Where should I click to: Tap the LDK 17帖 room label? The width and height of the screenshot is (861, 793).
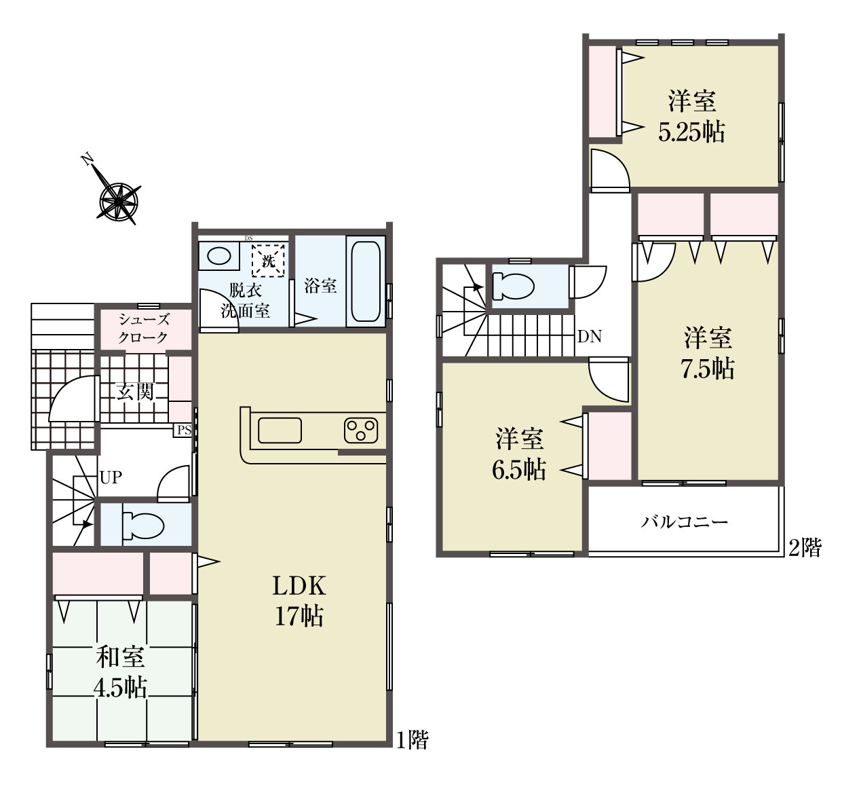(x=299, y=601)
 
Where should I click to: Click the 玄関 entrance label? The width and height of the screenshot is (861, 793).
(x=135, y=391)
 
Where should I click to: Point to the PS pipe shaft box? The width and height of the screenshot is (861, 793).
(x=183, y=430)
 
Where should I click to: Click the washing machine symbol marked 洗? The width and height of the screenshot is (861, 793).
(x=268, y=261)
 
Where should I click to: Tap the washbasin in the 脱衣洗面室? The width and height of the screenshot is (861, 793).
(x=219, y=256)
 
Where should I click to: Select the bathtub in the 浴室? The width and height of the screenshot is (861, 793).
(x=365, y=281)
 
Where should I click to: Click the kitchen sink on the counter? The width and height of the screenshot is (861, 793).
(x=280, y=430)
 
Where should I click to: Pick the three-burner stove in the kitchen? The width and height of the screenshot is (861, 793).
(x=361, y=430)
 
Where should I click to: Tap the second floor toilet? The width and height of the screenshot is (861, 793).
(x=514, y=286)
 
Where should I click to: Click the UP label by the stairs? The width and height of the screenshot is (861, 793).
(x=111, y=477)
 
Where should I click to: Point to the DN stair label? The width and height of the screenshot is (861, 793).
(x=590, y=336)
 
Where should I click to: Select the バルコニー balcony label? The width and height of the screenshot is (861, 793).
(x=684, y=522)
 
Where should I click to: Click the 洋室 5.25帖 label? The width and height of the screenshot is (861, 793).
(x=692, y=116)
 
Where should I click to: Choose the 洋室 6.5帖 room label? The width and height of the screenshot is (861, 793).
(x=519, y=454)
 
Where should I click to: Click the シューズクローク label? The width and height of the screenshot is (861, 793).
(x=143, y=328)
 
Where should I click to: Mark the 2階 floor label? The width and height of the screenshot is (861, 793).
(x=805, y=548)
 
